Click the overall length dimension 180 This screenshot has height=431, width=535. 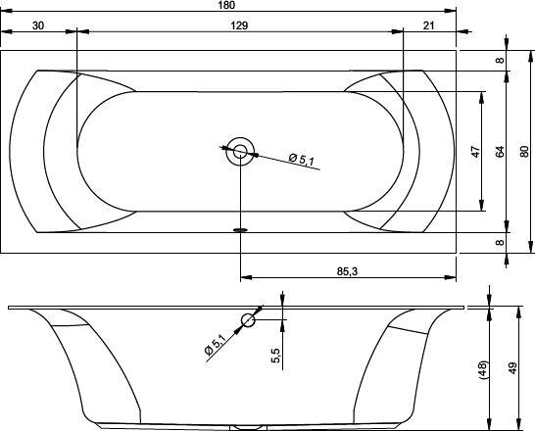[227, 5]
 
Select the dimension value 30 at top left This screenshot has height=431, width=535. [38, 25]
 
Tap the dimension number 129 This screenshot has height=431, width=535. [239, 25]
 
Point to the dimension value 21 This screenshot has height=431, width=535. [428, 25]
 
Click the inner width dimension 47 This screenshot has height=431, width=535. [475, 152]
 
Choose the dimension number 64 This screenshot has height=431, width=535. [499, 152]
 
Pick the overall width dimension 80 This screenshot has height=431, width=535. [524, 152]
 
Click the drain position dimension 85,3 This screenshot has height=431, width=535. [347, 271]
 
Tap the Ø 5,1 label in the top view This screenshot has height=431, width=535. [301, 160]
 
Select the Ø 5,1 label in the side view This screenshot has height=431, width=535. [215, 345]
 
